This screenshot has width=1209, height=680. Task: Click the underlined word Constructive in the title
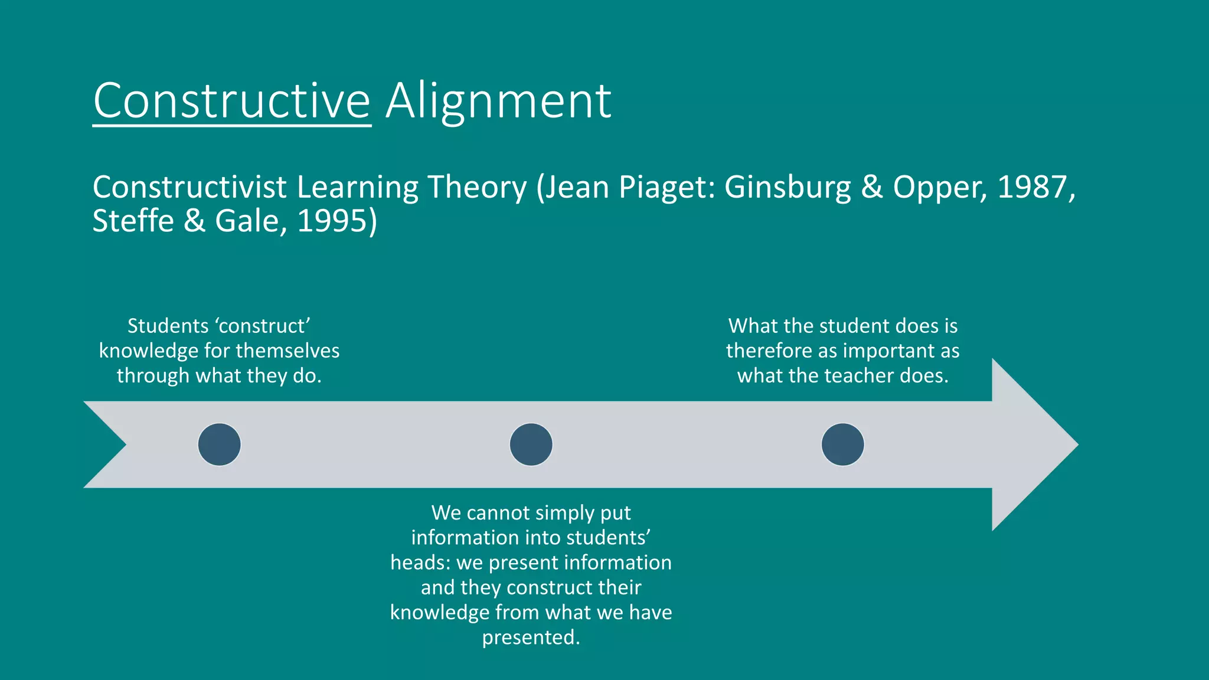point(231,102)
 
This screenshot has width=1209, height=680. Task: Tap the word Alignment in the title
point(498,102)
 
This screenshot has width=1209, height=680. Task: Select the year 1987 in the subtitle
point(1032,188)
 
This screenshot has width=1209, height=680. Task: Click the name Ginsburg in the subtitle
point(788,188)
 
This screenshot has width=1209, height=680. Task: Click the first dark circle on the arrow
point(219,444)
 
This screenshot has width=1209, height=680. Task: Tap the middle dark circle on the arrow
point(531,444)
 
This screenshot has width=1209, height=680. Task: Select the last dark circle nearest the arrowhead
point(842,444)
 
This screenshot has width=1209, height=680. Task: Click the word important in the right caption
point(886,351)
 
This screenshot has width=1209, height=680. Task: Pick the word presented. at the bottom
point(531,637)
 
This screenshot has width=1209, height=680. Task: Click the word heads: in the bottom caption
point(420,563)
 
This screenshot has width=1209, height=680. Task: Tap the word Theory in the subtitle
point(476,188)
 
